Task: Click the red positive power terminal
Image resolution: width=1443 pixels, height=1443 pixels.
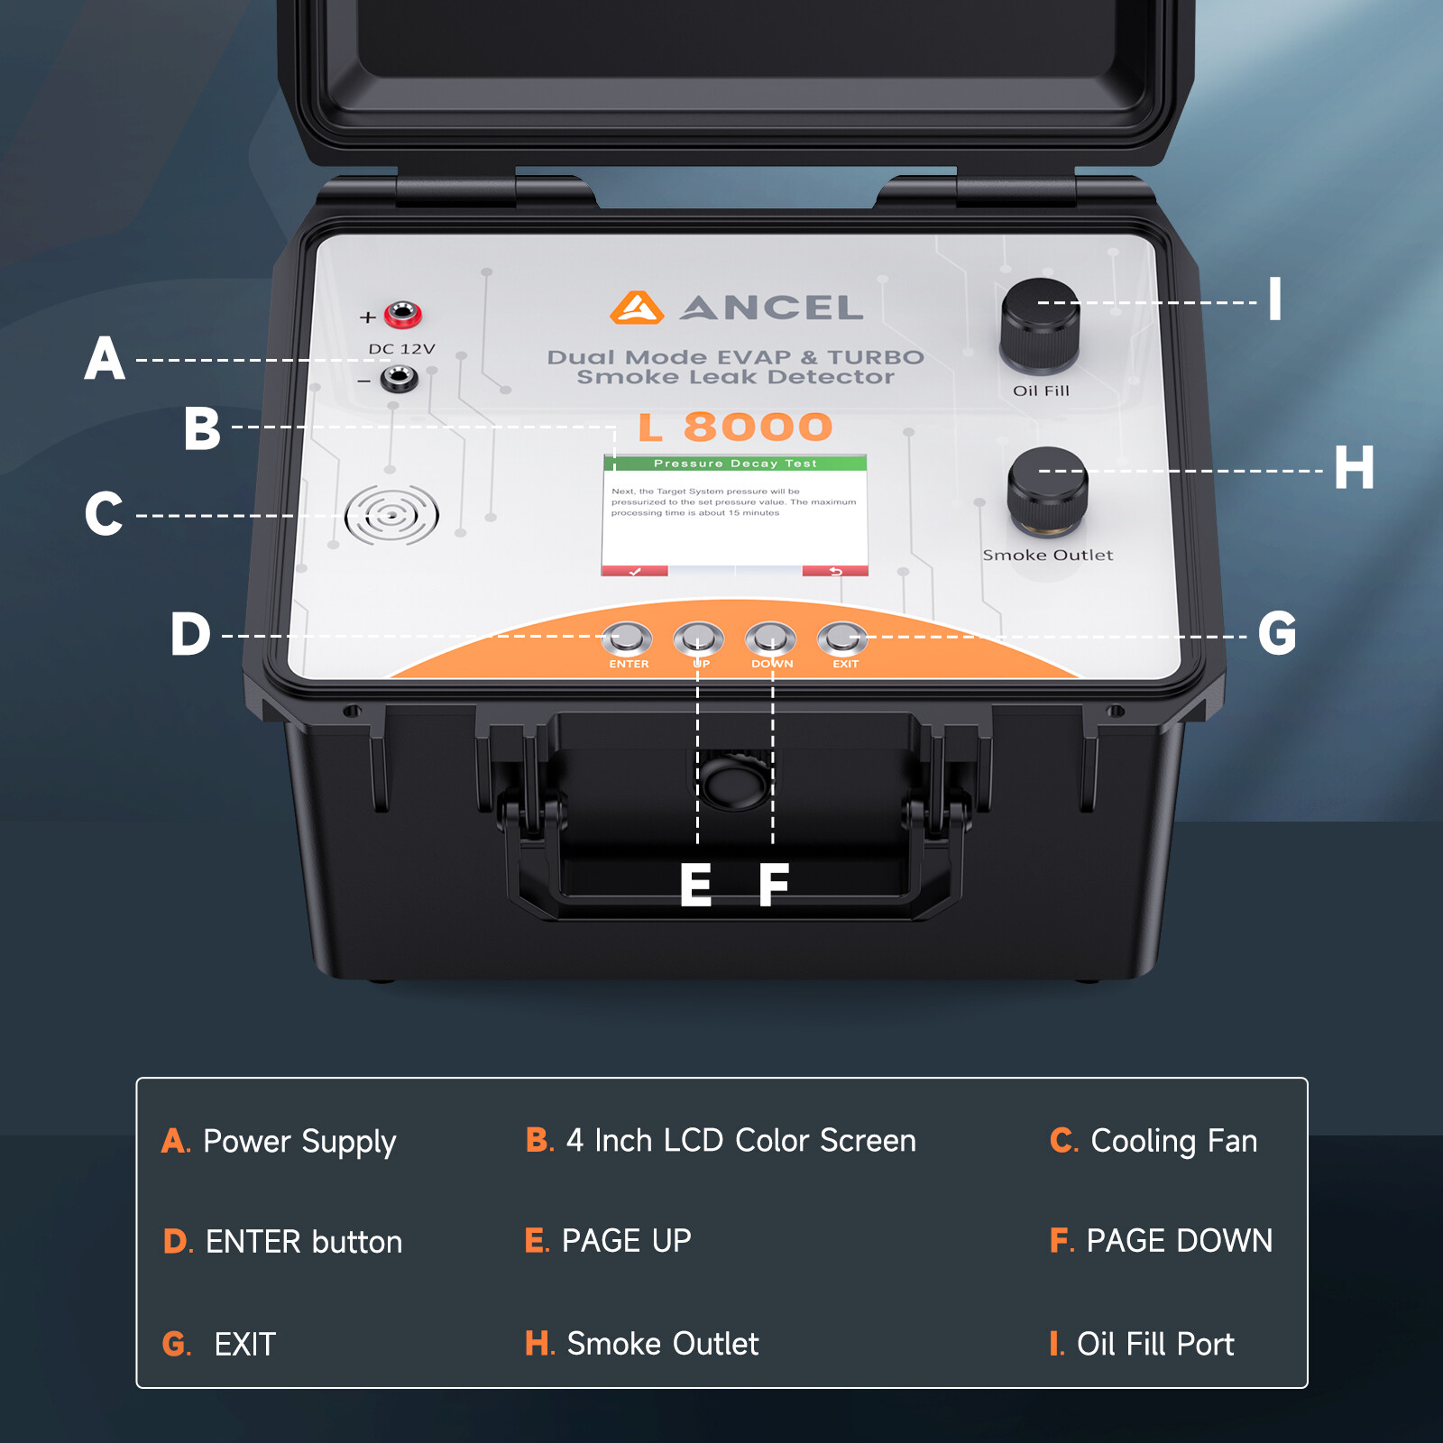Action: coord(402,315)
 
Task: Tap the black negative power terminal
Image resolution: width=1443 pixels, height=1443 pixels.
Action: coord(399,379)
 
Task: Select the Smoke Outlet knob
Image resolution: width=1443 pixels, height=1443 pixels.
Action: coord(1047,491)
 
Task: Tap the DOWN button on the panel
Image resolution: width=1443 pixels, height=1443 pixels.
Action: coord(771,639)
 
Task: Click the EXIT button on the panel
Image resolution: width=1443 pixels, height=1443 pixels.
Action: coord(842,639)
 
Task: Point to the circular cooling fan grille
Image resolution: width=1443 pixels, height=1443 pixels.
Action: coord(391,516)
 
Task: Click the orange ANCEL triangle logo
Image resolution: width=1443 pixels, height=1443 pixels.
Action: coord(637,308)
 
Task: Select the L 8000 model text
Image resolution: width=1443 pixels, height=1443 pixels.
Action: coord(735,427)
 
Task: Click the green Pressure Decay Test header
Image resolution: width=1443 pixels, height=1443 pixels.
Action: coord(735,464)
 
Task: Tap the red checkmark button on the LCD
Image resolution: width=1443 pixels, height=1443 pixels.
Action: coord(635,571)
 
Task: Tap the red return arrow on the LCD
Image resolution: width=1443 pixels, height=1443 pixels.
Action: coord(835,571)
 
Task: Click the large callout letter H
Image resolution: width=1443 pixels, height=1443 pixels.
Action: coord(1354,467)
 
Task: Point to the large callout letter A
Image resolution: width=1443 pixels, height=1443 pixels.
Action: coord(105,358)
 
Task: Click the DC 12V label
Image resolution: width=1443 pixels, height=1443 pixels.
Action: coord(401,349)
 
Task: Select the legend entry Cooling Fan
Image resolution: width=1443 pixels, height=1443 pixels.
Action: coord(1153,1141)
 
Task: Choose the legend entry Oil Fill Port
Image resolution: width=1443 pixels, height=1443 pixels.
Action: coord(1142,1344)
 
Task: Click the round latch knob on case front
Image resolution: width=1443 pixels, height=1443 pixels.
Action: coord(735,781)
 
